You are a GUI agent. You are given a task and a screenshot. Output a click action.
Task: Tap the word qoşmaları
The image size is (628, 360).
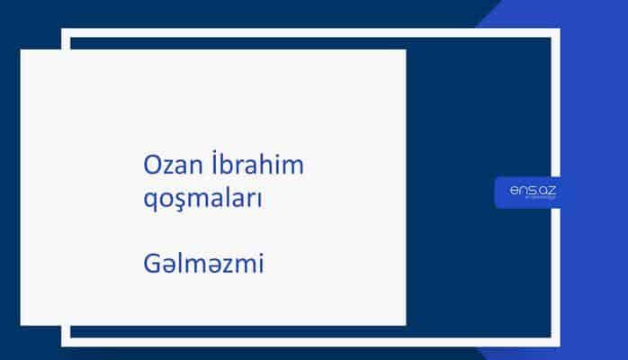tap(203, 200)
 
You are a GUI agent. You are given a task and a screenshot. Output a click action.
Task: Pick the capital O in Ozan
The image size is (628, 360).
tap(153, 166)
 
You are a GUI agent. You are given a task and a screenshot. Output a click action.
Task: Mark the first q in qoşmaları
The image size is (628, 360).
tap(151, 202)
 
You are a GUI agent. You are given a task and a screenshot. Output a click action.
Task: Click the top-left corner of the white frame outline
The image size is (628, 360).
tap(65, 31)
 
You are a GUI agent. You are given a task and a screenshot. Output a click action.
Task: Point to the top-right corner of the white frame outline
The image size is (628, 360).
tap(557, 31)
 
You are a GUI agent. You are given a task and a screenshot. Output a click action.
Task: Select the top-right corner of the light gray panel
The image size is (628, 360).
tap(405, 50)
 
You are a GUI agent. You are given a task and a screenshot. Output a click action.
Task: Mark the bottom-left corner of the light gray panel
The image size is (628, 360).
tap(22, 324)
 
